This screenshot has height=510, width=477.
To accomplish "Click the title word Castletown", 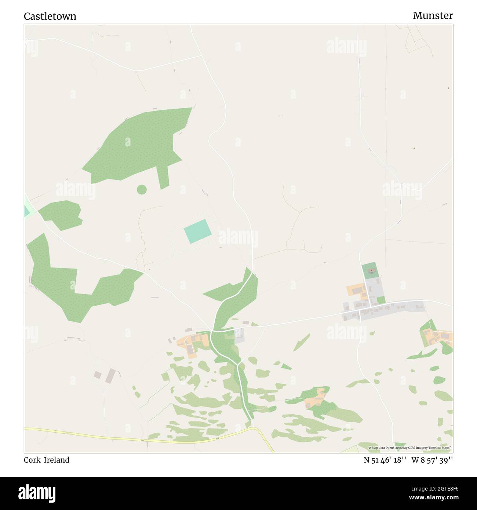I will click(x=50, y=16).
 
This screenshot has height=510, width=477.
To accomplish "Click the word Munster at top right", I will click(x=433, y=15).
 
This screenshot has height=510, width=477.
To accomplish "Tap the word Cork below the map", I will click(x=32, y=460).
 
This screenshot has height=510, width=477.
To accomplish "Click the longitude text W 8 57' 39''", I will click(x=432, y=460).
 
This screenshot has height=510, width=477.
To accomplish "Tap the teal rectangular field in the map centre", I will click(x=198, y=231).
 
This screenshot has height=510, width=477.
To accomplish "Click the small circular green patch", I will click(x=142, y=190).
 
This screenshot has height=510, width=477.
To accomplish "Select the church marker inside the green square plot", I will click(x=371, y=271).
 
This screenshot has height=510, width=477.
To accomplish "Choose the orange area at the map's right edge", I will click(x=438, y=336).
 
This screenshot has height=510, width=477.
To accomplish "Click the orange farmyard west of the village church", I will click(x=356, y=292).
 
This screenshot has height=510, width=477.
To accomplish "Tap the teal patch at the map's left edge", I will click(x=26, y=210).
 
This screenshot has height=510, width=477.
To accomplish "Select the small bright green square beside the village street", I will click(x=381, y=300).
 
